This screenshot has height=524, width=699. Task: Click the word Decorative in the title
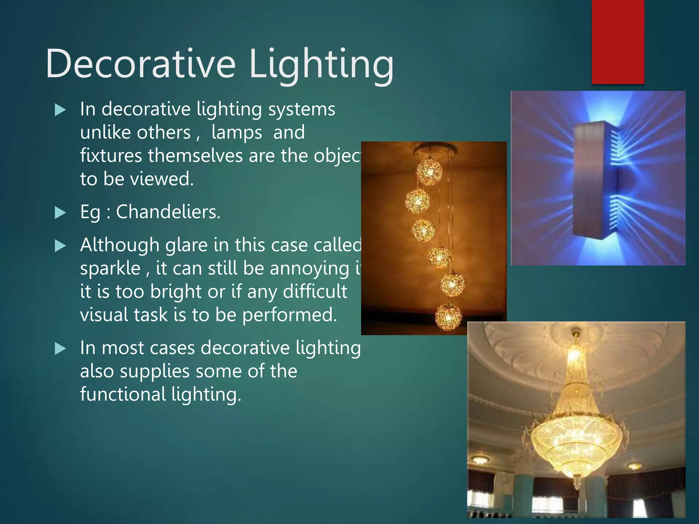click(x=141, y=64)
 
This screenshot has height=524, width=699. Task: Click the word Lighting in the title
click(x=321, y=65)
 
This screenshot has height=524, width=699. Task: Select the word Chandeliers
click(x=168, y=212)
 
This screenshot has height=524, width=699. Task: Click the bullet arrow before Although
click(x=60, y=246)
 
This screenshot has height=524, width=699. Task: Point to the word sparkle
click(x=110, y=268)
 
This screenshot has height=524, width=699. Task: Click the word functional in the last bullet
click(x=123, y=394)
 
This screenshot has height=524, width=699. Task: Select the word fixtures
click(x=111, y=156)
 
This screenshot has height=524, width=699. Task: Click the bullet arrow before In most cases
click(x=60, y=349)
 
